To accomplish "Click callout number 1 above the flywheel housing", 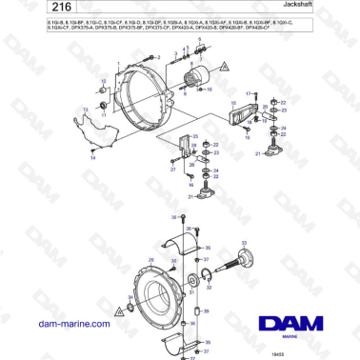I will tap(123, 65).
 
